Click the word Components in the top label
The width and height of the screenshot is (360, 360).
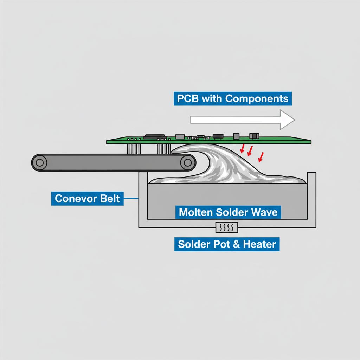(x=257, y=98)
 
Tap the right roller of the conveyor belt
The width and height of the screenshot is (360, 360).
(x=188, y=162)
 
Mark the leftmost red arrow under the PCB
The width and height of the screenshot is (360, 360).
(x=242, y=148)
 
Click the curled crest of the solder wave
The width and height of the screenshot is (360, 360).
(x=183, y=150)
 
